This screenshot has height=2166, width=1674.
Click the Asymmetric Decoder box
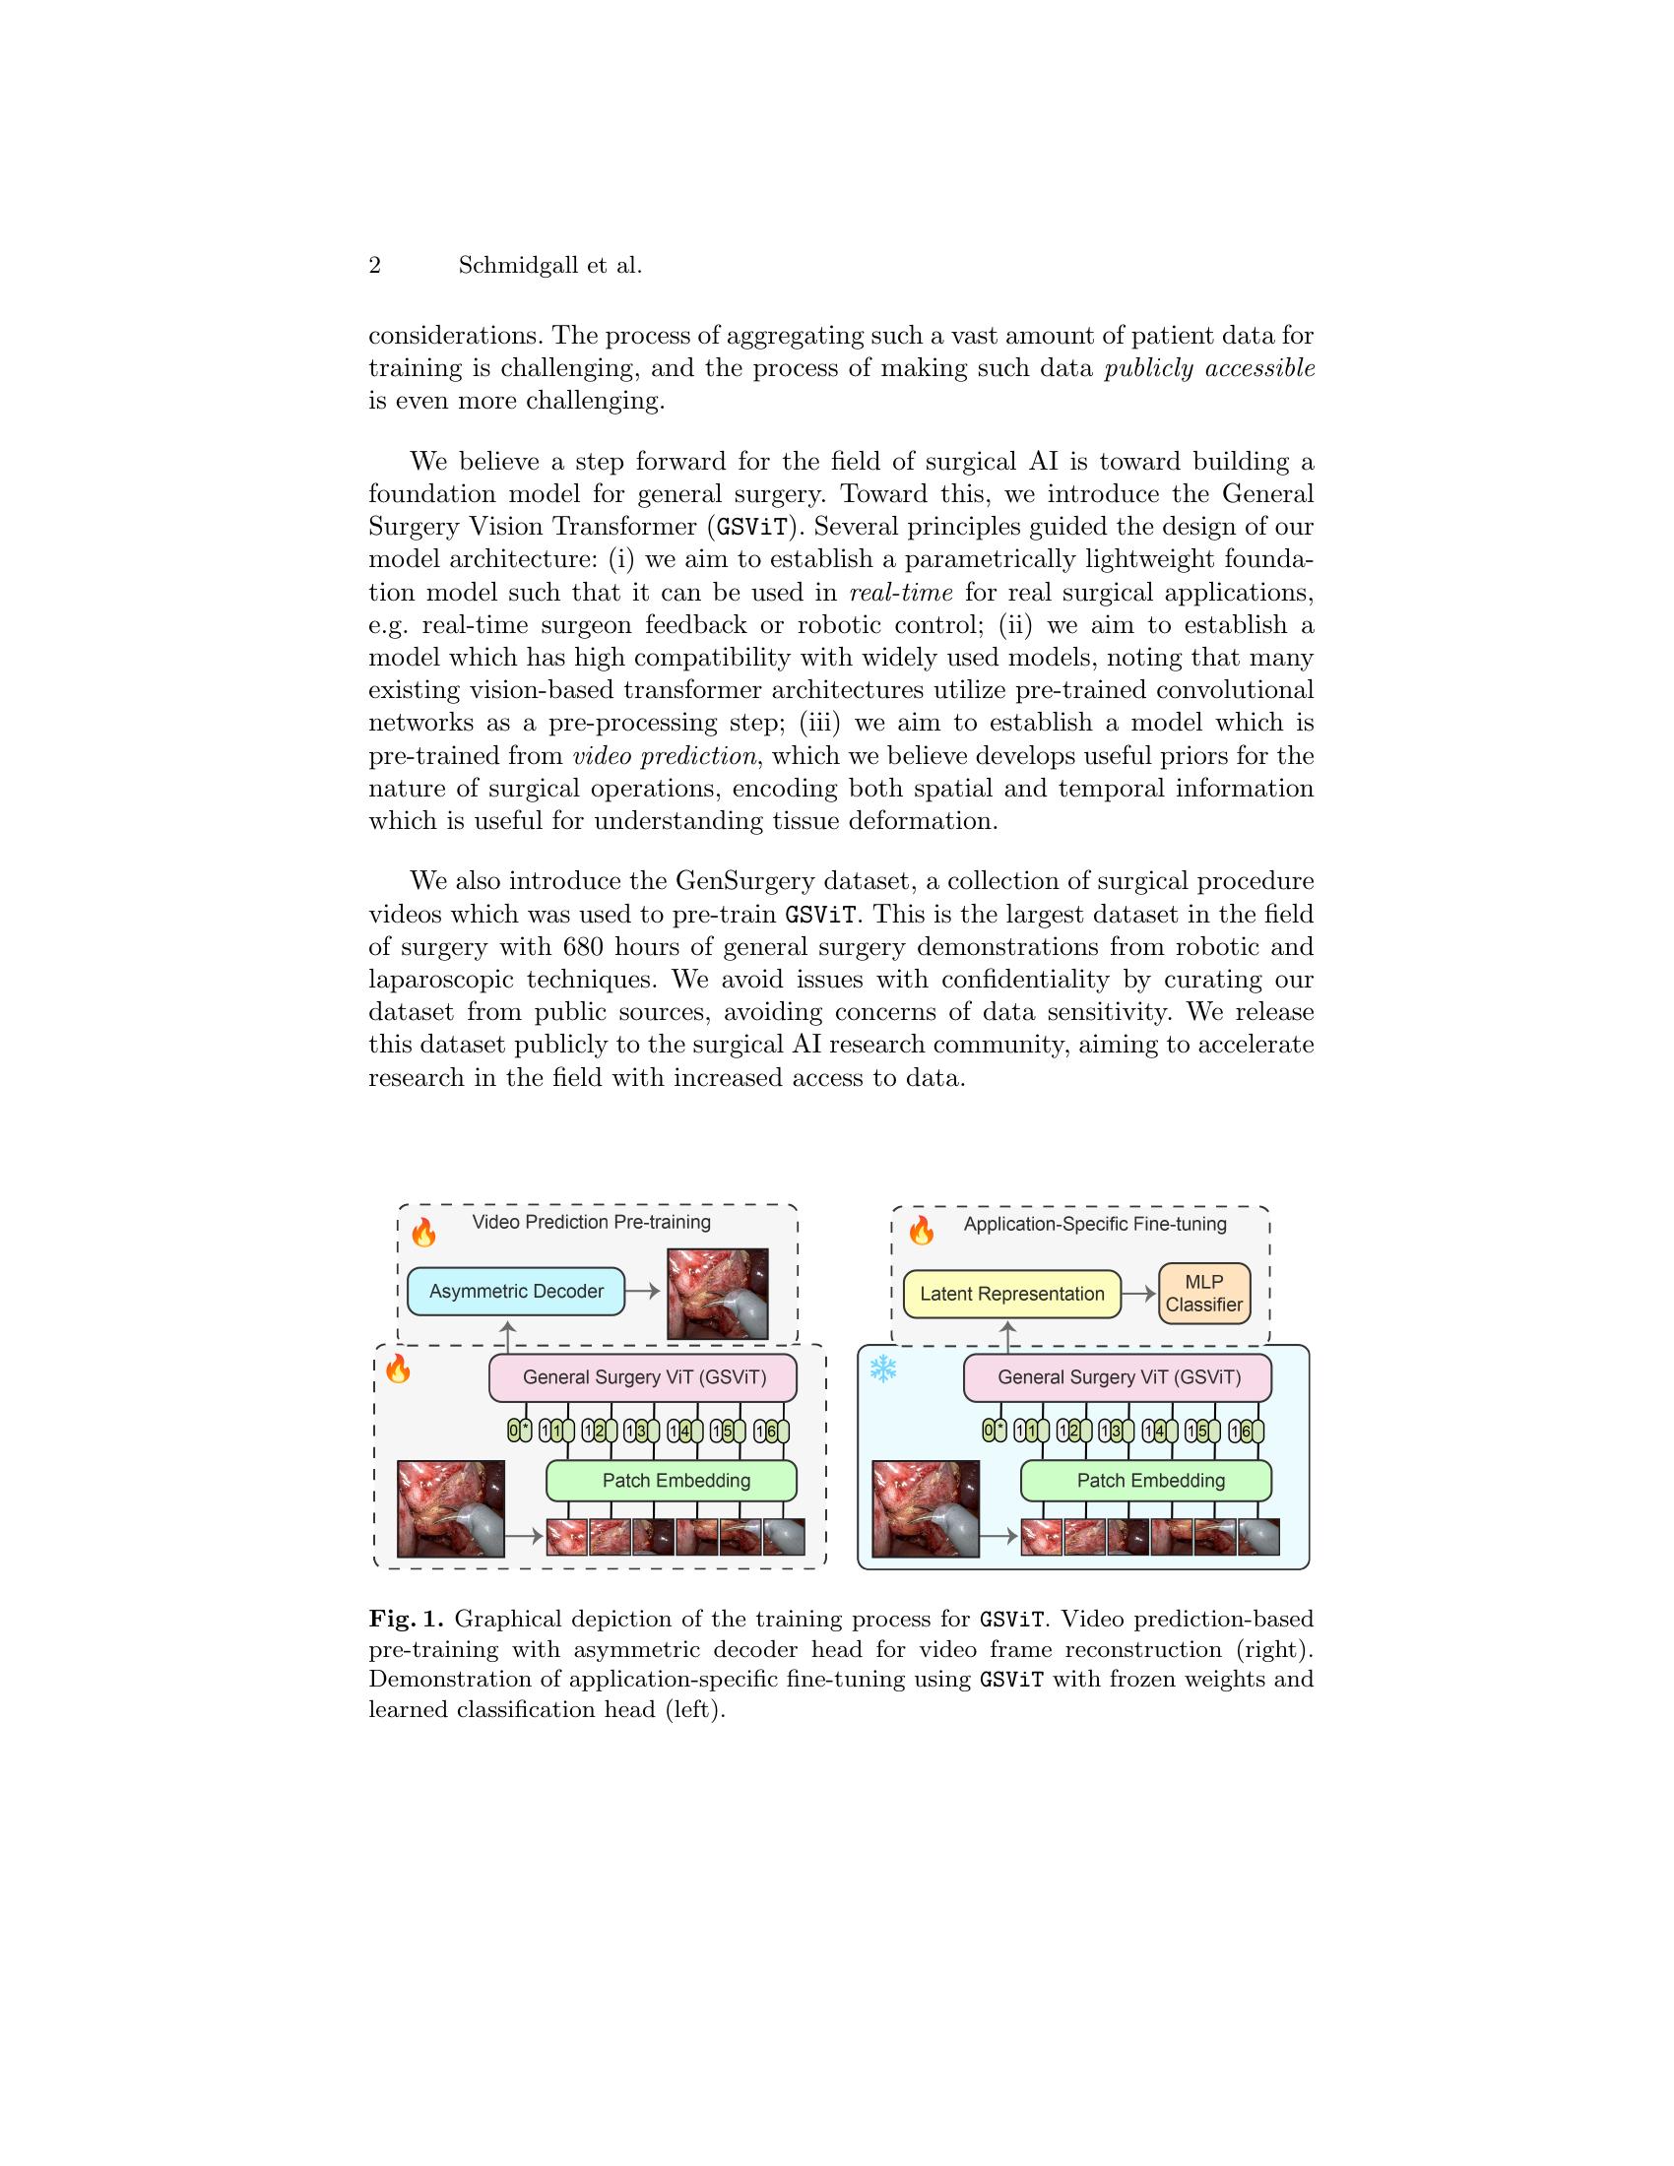pos(516,1292)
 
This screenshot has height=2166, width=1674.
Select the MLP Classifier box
pos(1203,1294)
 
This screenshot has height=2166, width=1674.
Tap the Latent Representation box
pos(1011,1294)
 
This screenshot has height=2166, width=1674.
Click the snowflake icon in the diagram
pos(882,1370)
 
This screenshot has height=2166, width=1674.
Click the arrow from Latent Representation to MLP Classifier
pos(1138,1294)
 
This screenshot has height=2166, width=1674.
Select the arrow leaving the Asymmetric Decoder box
pos(643,1292)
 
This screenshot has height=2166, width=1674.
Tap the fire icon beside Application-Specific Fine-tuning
pos(922,1232)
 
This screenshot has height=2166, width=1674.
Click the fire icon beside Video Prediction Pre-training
pos(424,1232)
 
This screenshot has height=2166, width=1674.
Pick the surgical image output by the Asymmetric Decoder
pos(718,1293)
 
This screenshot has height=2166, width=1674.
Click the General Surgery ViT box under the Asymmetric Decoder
pos(644,1376)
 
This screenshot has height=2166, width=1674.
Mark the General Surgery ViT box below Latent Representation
pos(1118,1376)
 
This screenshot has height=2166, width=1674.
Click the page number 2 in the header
pos(375,266)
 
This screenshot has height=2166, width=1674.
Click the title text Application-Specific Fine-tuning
pos(1095,1224)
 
